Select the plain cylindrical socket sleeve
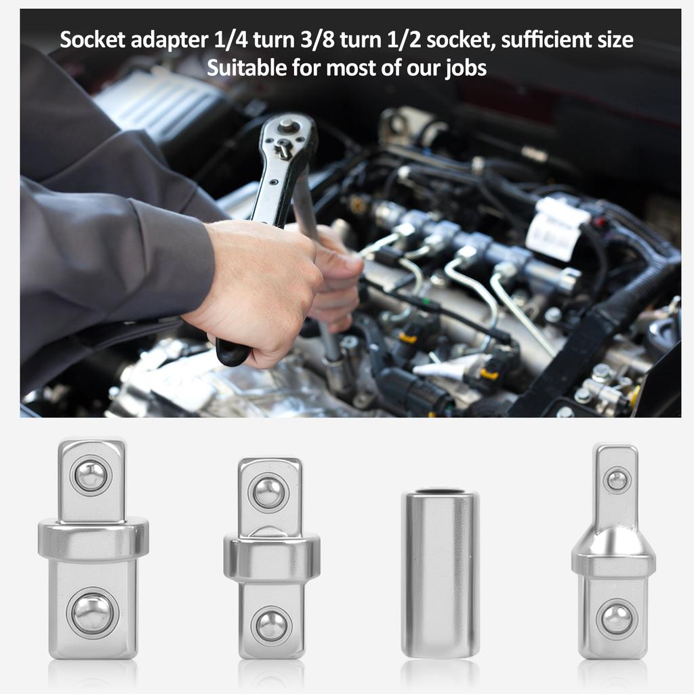(440, 576)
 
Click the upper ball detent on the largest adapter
(91, 475)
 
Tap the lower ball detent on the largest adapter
(92, 613)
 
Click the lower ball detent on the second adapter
(271, 625)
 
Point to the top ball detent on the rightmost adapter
(617, 480)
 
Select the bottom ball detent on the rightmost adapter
(617, 618)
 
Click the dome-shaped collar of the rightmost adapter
(613, 546)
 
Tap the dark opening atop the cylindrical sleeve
(440, 490)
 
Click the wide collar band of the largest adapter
(93, 539)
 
